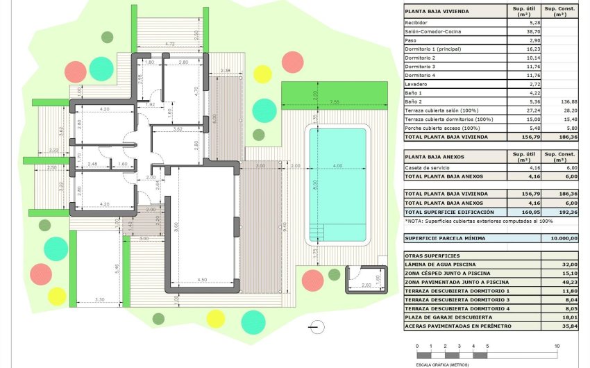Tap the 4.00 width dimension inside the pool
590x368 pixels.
[337, 166]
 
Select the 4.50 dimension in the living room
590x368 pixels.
[201, 280]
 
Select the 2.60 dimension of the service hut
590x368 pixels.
[365, 285]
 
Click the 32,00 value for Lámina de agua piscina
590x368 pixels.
[568, 265]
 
